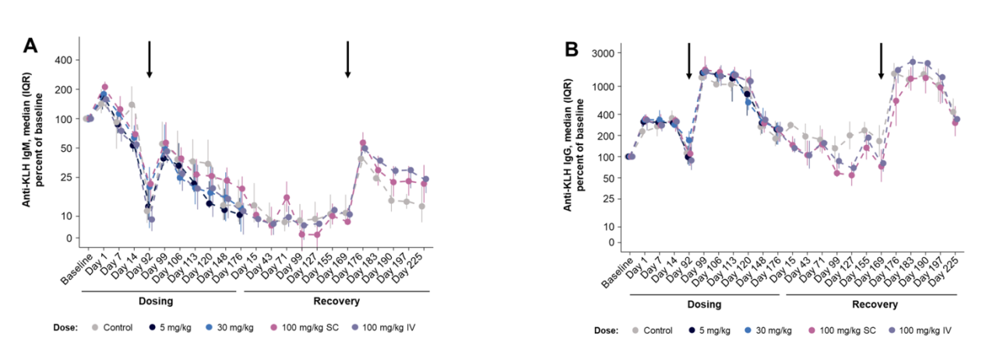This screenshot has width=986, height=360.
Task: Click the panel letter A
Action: tap(30, 46)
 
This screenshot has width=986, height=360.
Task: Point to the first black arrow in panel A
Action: tap(149, 59)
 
